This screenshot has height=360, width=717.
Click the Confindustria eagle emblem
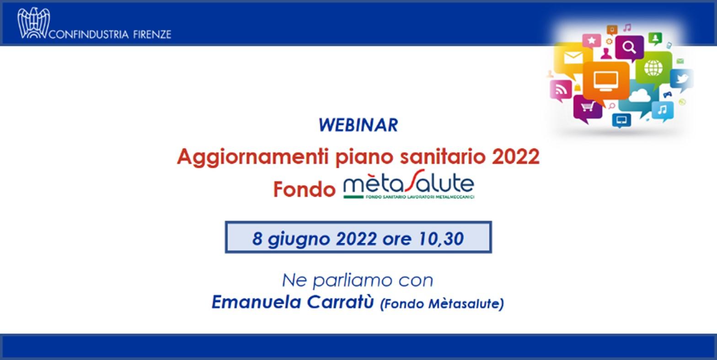34,23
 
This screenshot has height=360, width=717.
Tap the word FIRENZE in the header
152,34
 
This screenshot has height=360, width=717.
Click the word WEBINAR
358,125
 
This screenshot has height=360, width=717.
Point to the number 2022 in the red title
516,156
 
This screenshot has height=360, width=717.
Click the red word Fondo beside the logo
304,189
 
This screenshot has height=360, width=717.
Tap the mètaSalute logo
409,185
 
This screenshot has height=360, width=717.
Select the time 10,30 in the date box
441,239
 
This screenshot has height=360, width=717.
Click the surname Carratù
340,302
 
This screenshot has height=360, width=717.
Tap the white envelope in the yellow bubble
573,58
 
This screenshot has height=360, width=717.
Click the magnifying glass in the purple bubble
629,48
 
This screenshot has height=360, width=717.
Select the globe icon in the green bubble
653,68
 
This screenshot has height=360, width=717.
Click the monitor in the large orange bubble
605,81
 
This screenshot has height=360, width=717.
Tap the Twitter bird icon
682,79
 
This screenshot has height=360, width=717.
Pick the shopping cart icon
588,106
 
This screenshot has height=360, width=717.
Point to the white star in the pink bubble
592,40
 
